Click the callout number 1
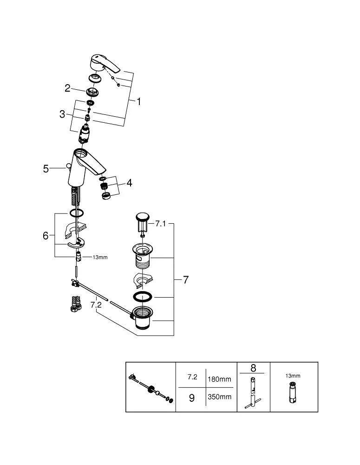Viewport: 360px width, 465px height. pos(138,101)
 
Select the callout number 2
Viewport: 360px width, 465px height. pos(68,87)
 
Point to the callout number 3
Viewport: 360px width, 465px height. pos(62,114)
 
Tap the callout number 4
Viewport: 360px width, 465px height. pos(129,183)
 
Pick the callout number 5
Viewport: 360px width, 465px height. pos(46,168)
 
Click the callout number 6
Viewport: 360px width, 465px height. pos(46,236)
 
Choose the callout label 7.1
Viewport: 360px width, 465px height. pos(160,224)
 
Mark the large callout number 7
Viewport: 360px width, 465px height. pos(185,280)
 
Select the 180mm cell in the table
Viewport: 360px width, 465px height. pos(220,379)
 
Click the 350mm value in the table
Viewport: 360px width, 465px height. pos(220,397)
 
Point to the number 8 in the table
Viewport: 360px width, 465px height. pos(253,368)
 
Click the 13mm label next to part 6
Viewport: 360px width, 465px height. pos(100,257)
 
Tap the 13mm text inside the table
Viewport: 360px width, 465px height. pos(293,376)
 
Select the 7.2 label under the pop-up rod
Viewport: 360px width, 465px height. pos(96,305)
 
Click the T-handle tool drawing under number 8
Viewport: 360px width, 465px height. pos(252,393)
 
